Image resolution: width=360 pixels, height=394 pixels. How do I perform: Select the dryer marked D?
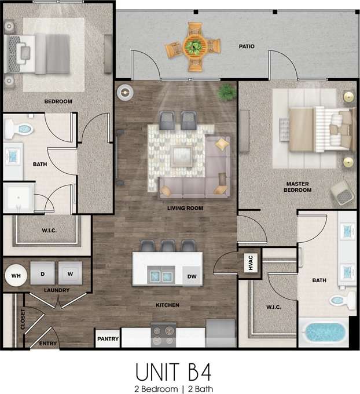click(43, 273)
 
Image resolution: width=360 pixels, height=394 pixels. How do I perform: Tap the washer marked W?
click(70, 273)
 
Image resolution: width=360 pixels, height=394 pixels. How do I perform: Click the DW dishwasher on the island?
click(192, 277)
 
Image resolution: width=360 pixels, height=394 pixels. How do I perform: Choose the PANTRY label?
click(108, 338)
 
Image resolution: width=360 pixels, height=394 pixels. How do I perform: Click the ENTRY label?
click(48, 344)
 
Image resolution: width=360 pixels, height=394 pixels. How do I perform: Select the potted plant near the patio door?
click(226, 91)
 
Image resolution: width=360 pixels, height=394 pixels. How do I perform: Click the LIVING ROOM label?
click(185, 207)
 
